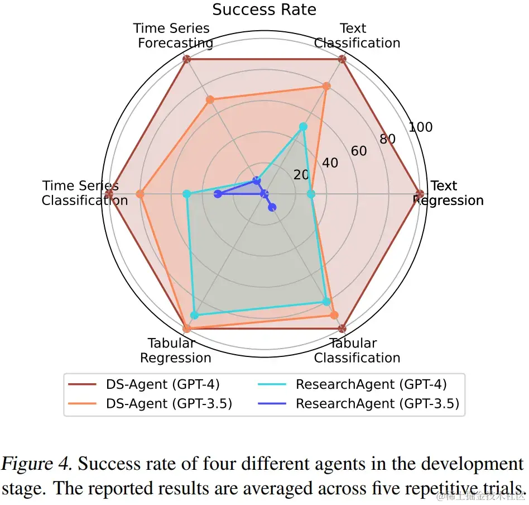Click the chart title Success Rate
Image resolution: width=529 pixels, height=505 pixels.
pos(264,9)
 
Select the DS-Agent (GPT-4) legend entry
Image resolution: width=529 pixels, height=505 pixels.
pos(162,384)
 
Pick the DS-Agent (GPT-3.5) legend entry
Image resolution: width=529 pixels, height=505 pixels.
pos(168,403)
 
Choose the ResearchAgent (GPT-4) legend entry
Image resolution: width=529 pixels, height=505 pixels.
pos(371,384)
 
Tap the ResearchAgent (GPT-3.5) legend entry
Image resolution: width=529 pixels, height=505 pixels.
pos(377,403)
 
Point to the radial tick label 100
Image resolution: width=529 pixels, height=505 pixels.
pos(420,127)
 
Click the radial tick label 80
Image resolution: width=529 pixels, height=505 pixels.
pos(387,139)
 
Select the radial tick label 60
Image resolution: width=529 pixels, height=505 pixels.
pos(359,151)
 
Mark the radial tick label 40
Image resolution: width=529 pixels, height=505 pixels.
pos(330,163)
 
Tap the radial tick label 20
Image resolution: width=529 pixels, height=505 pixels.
pos(301,175)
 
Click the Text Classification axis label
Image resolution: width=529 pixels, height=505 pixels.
pos(357,35)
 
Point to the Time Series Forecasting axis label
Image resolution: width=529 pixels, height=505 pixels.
pos(174,35)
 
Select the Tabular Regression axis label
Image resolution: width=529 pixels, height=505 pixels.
pos(175,350)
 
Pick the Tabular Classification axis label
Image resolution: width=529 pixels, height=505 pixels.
pos(357,350)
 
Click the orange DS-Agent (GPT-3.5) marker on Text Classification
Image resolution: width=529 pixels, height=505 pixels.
pos(327,86)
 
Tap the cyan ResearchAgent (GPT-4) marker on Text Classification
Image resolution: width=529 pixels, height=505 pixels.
pos(303,127)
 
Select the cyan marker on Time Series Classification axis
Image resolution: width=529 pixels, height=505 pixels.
pos(187,194)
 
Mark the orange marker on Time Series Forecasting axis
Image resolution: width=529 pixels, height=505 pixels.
pos(210,100)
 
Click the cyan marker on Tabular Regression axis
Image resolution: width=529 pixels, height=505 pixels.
pos(194,316)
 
